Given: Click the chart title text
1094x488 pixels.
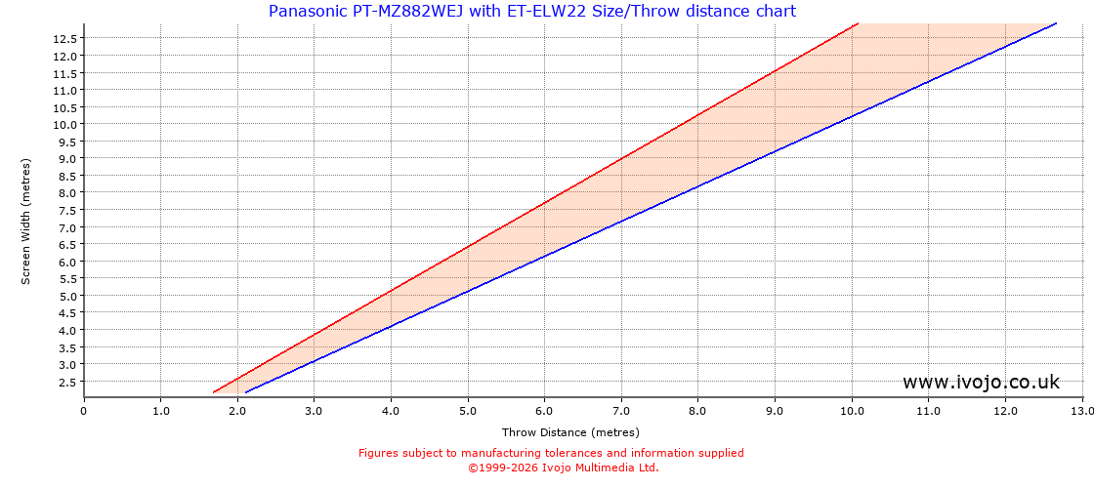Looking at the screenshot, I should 532,12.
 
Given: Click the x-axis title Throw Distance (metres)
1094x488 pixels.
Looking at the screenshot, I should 570,432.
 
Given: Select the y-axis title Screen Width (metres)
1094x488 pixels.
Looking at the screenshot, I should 26,221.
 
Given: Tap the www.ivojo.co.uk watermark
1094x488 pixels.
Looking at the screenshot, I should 981,382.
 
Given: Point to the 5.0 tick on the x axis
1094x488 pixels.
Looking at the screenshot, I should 468,411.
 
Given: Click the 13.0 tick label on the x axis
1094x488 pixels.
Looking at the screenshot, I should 1082,411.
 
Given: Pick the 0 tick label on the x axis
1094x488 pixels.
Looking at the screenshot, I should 84,411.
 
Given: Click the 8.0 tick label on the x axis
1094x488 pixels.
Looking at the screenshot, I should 698,411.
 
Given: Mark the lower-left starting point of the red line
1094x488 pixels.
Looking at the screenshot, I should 214,392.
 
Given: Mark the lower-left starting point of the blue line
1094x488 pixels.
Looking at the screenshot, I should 246,392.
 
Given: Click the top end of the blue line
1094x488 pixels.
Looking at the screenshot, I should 1056,23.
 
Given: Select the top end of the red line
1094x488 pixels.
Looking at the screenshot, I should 857,23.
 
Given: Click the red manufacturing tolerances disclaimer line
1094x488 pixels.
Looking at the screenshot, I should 551,453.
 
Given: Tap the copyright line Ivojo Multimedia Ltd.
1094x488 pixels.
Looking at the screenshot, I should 564,468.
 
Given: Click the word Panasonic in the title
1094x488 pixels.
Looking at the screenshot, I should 307,12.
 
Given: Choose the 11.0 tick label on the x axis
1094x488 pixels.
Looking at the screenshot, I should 929,411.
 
